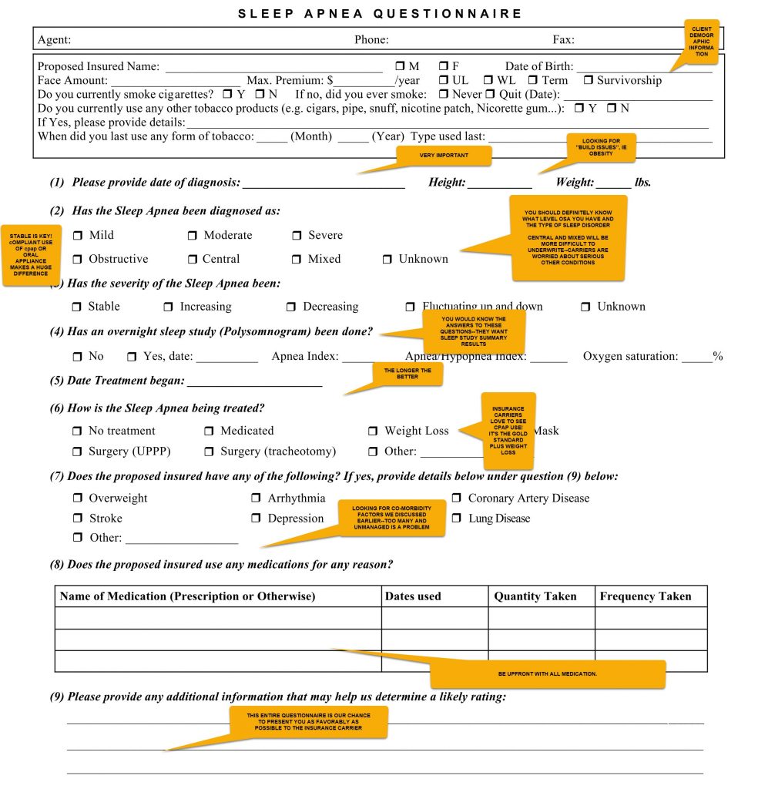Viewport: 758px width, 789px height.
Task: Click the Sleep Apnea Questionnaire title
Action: (x=380, y=14)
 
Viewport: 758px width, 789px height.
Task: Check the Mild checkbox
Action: (x=77, y=236)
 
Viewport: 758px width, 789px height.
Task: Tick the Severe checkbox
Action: (x=297, y=236)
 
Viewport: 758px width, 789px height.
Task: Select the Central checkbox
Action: (x=192, y=260)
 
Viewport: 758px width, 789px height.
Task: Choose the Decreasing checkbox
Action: (x=291, y=307)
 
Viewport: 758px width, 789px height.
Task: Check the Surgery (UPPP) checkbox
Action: (x=77, y=452)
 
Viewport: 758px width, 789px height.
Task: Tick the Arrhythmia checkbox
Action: (x=257, y=499)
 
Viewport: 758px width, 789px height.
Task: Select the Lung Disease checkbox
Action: (x=457, y=519)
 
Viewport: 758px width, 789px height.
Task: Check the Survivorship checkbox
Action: (x=589, y=80)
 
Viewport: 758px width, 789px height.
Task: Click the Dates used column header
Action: (x=414, y=596)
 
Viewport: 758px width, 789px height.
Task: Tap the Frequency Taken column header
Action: (x=646, y=596)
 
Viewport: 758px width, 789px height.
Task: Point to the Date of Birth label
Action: (x=538, y=67)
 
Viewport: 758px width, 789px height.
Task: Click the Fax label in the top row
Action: (x=563, y=40)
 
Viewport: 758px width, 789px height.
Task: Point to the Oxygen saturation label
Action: (x=630, y=357)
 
